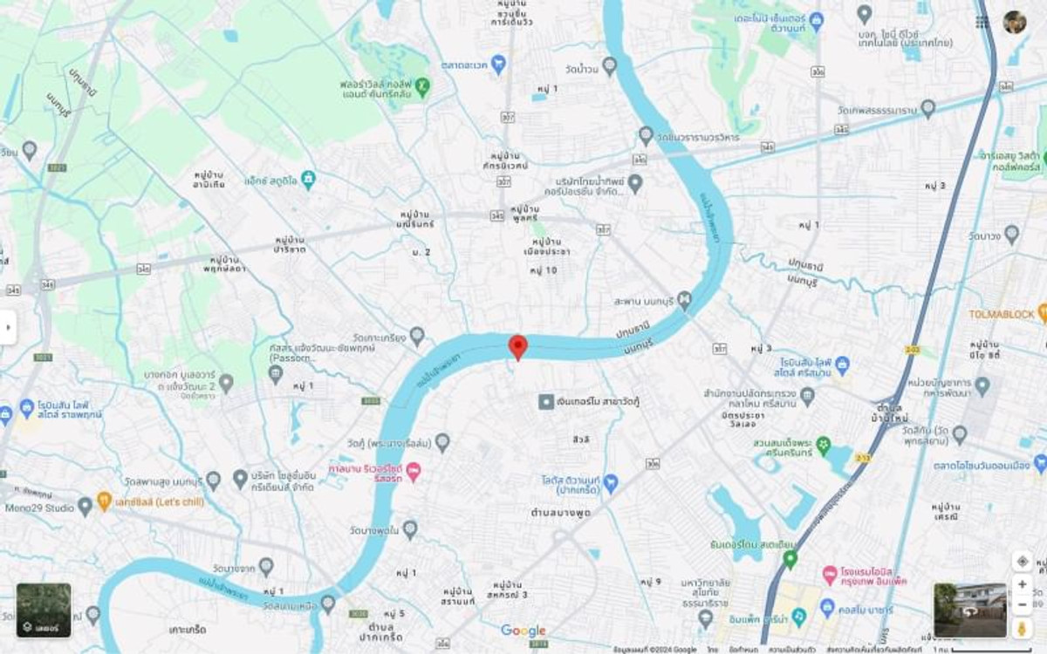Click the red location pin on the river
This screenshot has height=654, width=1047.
tap(517, 346)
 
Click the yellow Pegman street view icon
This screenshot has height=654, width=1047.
tap(1022, 627)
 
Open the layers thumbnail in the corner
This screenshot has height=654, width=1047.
tap(44, 610)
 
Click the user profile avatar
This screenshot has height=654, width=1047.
tap(1015, 22)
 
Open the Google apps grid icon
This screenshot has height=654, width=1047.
tap(982, 22)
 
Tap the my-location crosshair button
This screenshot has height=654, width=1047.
tap(1022, 561)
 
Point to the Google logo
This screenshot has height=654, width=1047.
tap(523, 630)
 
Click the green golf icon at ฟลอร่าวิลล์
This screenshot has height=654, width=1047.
tap(423, 85)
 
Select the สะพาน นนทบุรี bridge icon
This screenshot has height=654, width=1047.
tap(685, 301)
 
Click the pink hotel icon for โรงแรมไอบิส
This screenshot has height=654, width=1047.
tap(830, 575)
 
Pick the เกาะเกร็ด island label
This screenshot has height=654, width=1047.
tap(188, 629)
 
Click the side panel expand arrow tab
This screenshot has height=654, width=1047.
tap(8, 327)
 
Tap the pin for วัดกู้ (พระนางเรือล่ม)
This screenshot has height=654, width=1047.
tap(442, 443)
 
